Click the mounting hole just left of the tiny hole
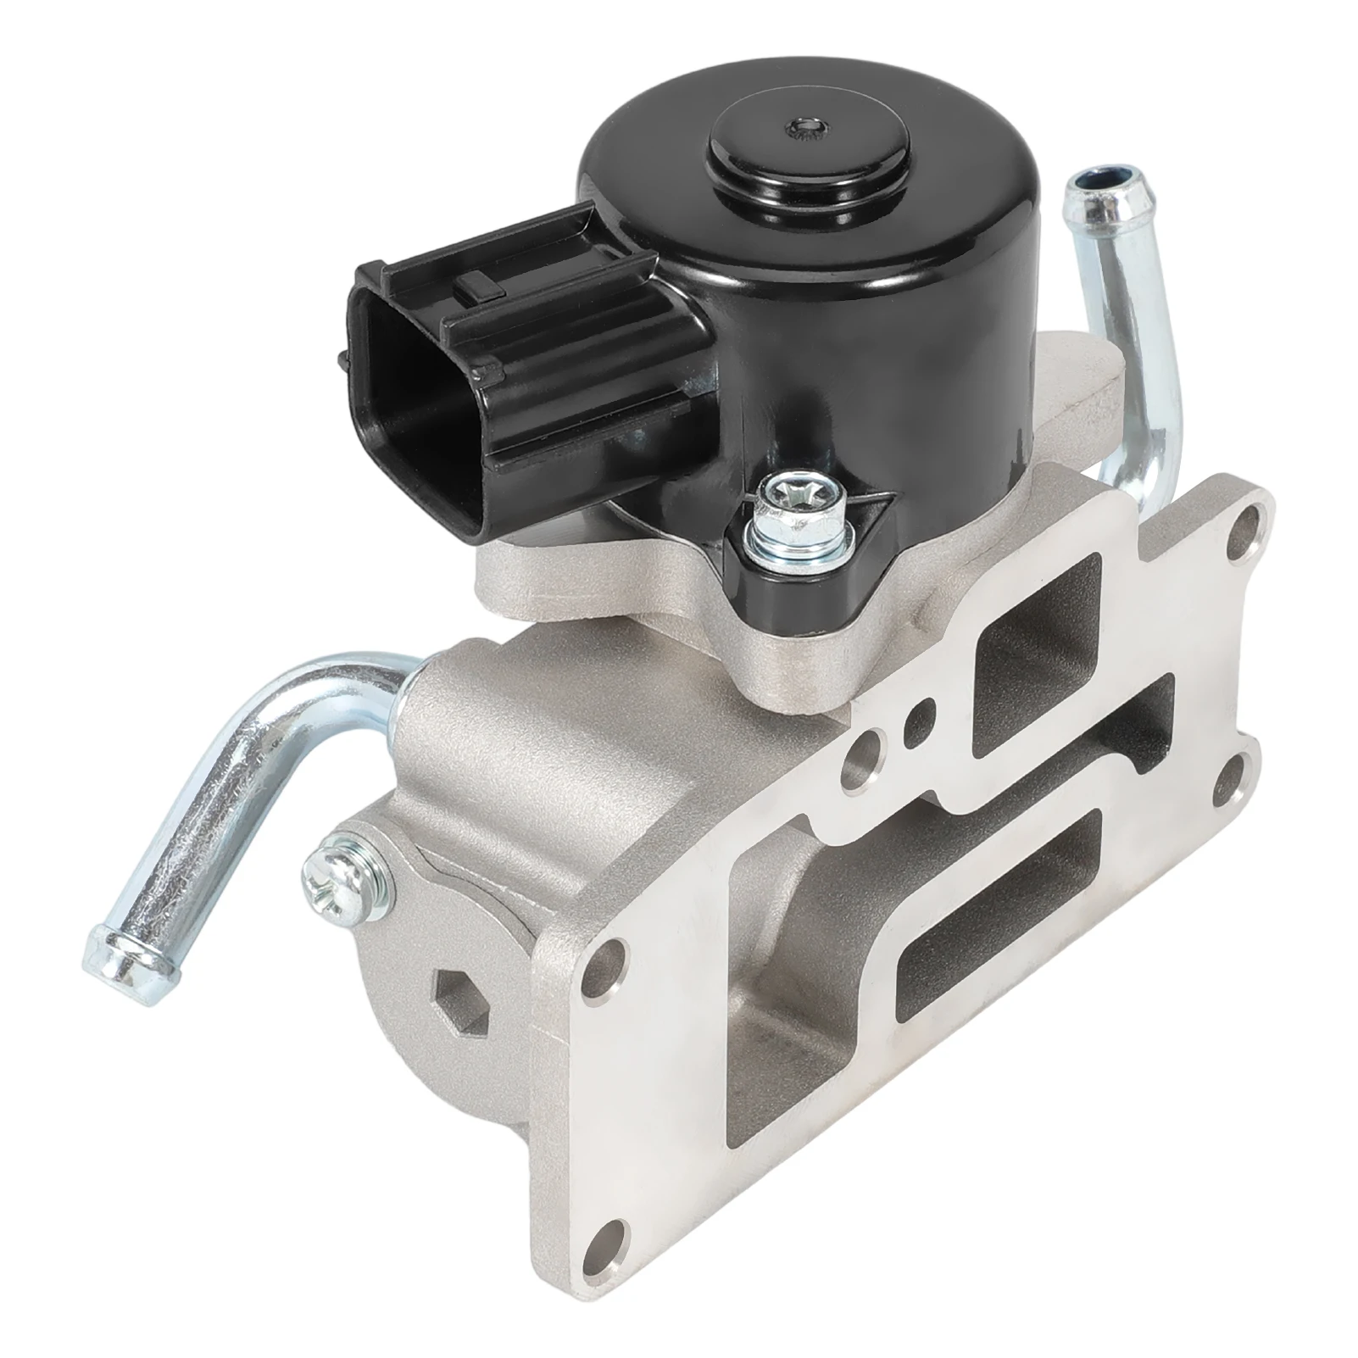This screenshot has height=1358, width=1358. [x=856, y=750]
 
